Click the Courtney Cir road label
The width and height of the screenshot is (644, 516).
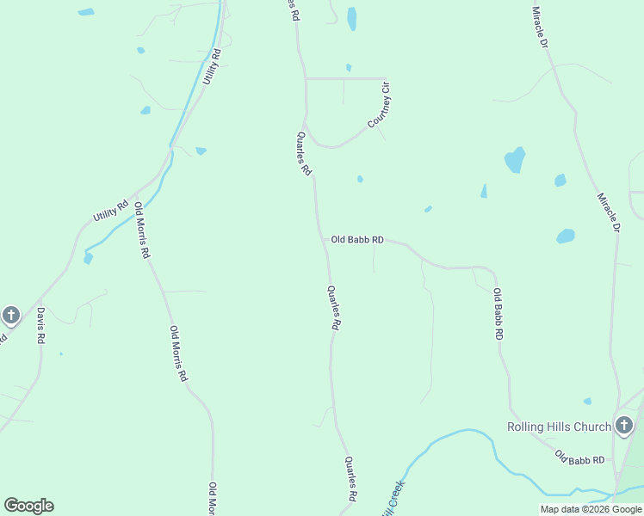click(x=379, y=111)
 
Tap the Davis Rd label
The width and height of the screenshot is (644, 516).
click(x=39, y=326)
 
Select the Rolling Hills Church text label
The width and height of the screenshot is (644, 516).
click(x=559, y=427)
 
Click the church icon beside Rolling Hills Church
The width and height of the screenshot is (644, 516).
click(x=624, y=425)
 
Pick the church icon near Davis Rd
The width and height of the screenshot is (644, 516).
click(x=10, y=315)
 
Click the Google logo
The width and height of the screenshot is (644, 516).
click(x=28, y=506)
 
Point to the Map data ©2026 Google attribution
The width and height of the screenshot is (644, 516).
click(x=591, y=509)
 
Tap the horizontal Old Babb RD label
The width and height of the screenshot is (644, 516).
click(x=357, y=240)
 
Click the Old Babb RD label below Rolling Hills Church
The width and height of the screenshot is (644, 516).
click(x=579, y=458)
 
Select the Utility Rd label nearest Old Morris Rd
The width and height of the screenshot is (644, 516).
click(x=110, y=209)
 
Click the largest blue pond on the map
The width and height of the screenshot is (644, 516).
click(x=515, y=160)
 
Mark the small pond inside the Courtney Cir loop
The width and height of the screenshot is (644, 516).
click(x=349, y=67)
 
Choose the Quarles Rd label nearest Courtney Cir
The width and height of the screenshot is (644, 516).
click(x=303, y=154)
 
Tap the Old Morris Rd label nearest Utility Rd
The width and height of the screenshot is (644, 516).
click(x=142, y=230)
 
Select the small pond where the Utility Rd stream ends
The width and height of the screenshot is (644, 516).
click(x=88, y=257)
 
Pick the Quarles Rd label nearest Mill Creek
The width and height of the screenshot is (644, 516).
click(x=351, y=479)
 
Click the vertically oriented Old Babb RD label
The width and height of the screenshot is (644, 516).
click(x=498, y=313)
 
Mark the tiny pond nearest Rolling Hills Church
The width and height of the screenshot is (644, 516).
click(x=587, y=401)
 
